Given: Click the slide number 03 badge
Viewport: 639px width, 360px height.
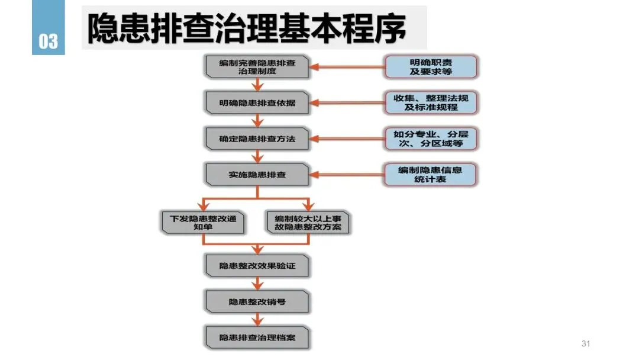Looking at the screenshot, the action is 48,27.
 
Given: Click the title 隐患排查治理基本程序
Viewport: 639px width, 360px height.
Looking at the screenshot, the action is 247,28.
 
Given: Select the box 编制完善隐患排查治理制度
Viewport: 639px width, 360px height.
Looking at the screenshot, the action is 257,67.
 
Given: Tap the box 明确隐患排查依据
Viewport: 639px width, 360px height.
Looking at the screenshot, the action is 257,103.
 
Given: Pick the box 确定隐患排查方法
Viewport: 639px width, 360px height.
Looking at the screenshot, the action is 257,139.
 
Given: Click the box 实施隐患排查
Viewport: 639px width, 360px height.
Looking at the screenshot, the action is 257,175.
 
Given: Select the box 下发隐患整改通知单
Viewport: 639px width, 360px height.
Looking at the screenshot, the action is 203,222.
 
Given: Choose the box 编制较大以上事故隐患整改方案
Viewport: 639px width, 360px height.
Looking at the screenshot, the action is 308,222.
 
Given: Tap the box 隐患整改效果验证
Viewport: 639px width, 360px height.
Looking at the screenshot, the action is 257,266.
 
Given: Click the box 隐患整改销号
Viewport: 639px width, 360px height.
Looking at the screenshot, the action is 257,302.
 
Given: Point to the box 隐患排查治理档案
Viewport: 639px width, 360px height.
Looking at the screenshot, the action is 257,337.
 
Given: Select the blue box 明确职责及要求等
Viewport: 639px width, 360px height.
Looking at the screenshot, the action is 431,67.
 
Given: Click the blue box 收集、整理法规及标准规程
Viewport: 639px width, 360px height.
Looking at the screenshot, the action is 431,103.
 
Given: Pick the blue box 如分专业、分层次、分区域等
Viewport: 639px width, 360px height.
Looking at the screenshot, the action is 431,139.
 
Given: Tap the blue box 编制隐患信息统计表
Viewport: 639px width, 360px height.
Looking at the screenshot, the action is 430,175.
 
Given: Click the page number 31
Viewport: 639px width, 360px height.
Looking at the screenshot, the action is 586,343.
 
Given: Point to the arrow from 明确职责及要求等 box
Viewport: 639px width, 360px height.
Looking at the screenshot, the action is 347,67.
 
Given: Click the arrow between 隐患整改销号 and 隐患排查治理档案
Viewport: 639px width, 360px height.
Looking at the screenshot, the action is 257,320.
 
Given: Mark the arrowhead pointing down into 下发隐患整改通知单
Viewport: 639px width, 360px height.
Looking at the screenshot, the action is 203,205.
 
